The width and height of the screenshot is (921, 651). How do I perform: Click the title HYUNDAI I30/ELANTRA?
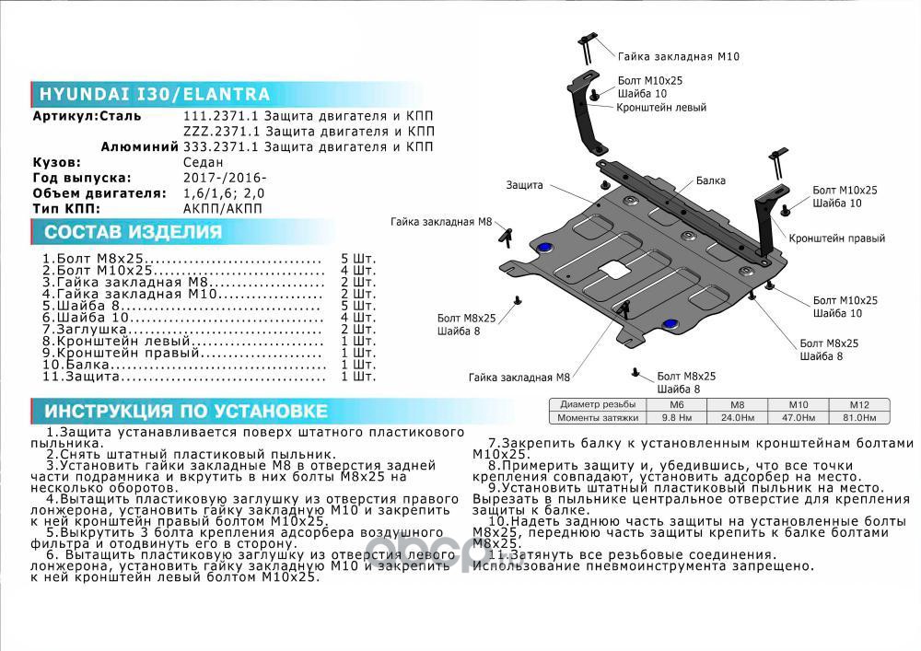(154, 94)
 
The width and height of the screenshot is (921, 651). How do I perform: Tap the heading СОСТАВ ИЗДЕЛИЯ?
(134, 232)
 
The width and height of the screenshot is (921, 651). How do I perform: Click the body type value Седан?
(204, 162)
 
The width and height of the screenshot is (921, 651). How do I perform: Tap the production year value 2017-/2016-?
(226, 178)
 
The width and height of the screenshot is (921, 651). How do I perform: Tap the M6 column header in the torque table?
(676, 405)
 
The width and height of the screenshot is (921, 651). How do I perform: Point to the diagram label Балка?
(710, 181)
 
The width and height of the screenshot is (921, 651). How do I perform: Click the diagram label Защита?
(524, 185)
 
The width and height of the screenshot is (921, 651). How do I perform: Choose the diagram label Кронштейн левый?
(662, 108)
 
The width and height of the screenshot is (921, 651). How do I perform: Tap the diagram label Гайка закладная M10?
(678, 56)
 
